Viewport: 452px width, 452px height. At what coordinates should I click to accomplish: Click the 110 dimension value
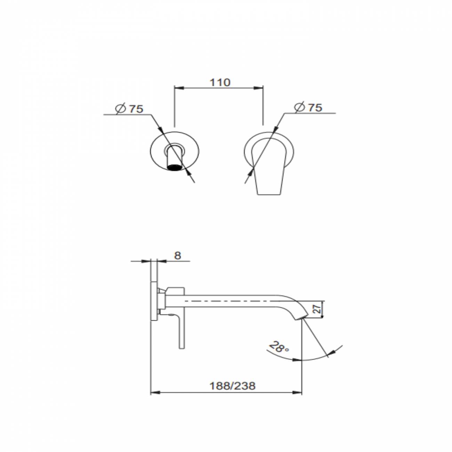(220, 82)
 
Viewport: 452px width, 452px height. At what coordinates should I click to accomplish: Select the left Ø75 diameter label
(130, 109)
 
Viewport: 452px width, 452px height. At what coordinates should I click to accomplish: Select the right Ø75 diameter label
(308, 107)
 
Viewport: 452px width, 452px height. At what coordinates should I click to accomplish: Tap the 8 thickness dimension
(177, 256)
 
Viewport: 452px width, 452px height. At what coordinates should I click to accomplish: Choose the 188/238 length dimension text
(232, 386)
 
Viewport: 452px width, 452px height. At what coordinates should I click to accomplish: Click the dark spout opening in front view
(175, 168)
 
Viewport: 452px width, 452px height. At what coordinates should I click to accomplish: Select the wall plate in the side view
(153, 302)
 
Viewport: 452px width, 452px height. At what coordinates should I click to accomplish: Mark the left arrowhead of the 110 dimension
(177, 88)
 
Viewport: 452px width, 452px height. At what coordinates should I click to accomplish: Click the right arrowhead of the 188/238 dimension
(298, 393)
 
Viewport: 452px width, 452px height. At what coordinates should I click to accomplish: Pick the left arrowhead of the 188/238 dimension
(154, 393)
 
